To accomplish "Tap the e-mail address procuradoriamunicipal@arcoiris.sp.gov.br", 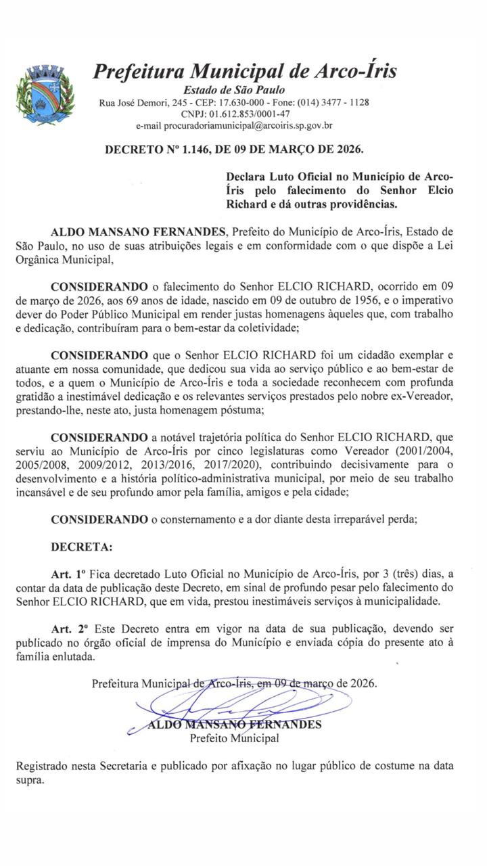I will [x=234, y=126].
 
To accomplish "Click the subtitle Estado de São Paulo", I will [x=234, y=89].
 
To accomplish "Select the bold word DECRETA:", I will [x=83, y=545].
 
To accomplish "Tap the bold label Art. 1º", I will [x=70, y=574].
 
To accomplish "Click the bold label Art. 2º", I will [x=70, y=630].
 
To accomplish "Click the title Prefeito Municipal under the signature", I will [x=234, y=738].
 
